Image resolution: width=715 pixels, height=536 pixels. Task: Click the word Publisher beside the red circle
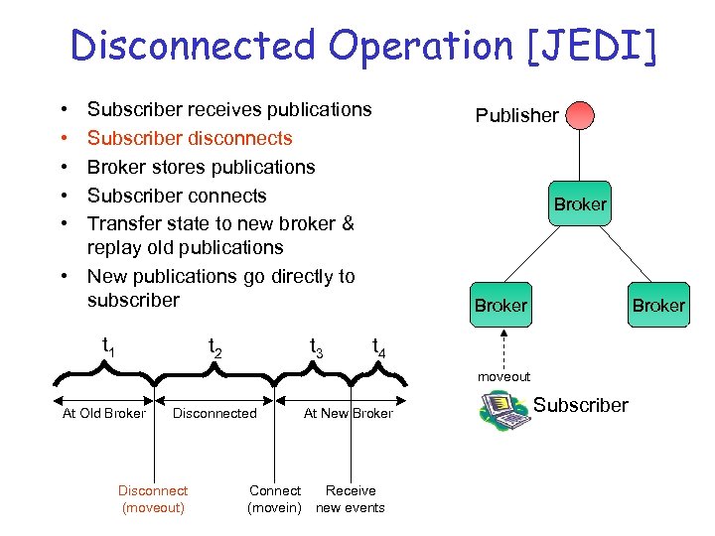coord(516,115)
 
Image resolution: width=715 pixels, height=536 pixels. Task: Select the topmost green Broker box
coord(580,203)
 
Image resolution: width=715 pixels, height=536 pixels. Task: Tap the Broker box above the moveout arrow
coord(501,305)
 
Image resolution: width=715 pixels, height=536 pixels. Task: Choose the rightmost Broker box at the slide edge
coord(658,305)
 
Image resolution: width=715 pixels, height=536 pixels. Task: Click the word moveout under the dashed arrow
coord(503,376)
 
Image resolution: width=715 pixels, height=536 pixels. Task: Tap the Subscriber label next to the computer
coord(581,405)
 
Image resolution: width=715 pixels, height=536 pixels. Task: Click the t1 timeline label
coord(109,345)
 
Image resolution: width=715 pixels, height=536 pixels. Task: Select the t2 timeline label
coord(214,347)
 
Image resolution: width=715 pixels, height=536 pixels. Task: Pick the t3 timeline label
coord(316,347)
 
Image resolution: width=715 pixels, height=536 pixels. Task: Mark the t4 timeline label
coord(378,347)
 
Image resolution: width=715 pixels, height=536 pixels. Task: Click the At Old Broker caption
coord(103,414)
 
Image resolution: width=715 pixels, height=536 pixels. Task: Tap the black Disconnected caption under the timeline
coord(214,414)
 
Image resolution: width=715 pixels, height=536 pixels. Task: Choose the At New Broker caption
coord(348,414)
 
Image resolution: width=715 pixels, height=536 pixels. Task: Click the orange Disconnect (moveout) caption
coord(153,499)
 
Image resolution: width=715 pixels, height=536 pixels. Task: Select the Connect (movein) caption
coord(275,499)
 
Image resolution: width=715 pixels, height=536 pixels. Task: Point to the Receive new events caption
coord(351,499)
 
